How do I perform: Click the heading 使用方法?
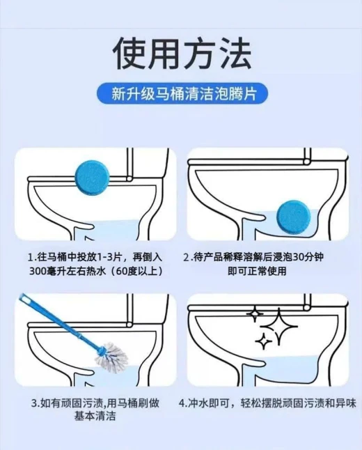pos(182,54)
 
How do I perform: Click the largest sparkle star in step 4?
pos(278,327)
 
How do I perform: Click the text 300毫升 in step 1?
pos(43,271)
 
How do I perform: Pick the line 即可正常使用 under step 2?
pos(257,271)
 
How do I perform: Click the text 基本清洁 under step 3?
pos(95,416)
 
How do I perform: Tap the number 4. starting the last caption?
pos(183,403)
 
